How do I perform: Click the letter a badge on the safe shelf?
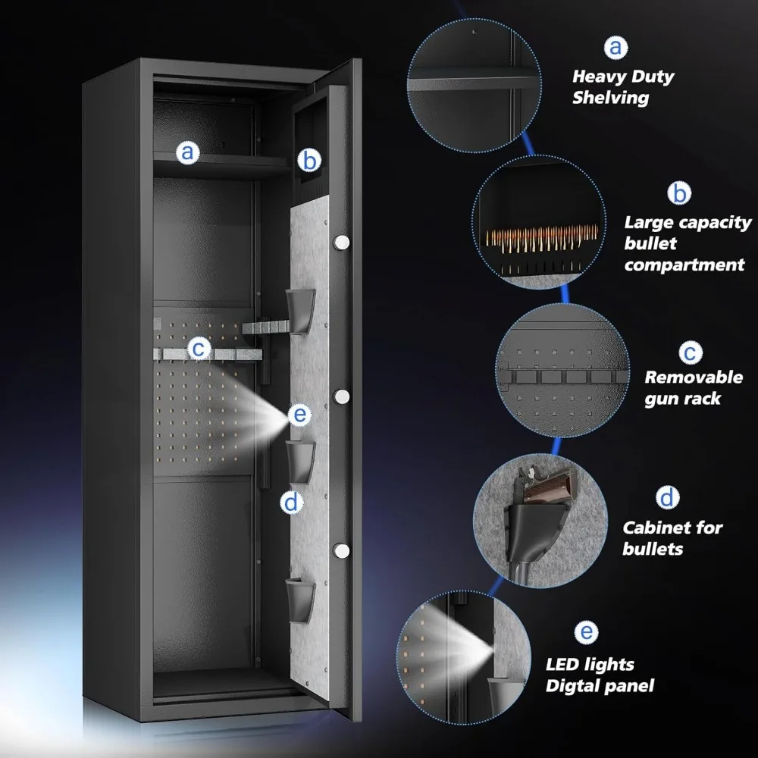(187, 152)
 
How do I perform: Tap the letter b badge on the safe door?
(309, 160)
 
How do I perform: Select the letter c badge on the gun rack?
(199, 348)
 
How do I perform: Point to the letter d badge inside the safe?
(292, 503)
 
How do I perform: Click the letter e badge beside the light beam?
(299, 415)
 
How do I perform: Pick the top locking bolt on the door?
(341, 243)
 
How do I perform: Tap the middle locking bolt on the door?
(341, 397)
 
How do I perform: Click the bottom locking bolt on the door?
(341, 550)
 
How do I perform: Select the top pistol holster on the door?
(300, 312)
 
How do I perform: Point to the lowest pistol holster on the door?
(300, 600)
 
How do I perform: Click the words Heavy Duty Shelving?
(622, 87)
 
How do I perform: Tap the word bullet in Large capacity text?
(650, 243)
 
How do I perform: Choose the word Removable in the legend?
(694, 377)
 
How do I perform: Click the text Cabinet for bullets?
(672, 537)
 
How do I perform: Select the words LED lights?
(590, 665)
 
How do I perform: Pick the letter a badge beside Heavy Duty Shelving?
(615, 47)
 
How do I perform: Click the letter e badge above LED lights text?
(586, 632)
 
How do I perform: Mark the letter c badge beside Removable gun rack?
(691, 352)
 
